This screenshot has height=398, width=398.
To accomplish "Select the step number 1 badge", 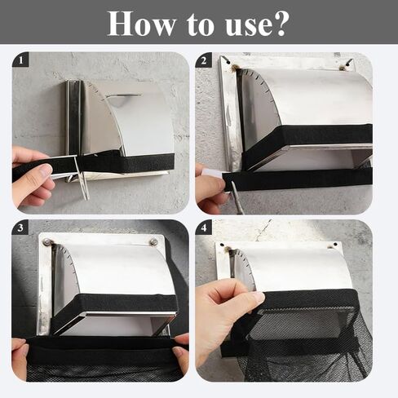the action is (20, 60).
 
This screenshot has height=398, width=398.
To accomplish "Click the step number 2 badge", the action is (204, 60).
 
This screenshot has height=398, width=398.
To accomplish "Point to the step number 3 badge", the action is (20, 228).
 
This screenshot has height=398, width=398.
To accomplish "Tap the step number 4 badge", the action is (204, 228).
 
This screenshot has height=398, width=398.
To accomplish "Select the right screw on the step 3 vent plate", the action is (154, 241).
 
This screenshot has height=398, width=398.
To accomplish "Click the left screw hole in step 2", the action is (228, 63).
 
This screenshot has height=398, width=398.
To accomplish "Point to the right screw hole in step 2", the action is (347, 64).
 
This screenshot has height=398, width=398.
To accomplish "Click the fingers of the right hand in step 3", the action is (181, 351).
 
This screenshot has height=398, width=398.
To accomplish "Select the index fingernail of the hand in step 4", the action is (259, 298).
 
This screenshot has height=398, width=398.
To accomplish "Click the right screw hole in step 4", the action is (336, 245).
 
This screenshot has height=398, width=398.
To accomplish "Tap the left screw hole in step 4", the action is (222, 245).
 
